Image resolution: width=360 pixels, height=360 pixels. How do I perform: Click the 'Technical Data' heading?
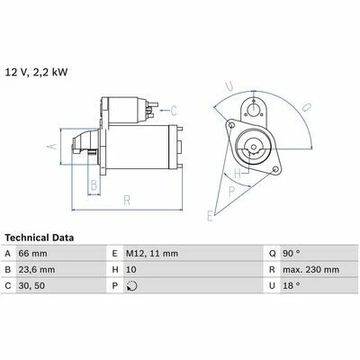tap(40, 238)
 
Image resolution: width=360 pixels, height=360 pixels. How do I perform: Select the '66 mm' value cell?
tap(32, 254)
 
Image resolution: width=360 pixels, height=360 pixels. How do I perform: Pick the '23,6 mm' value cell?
tap(37, 270)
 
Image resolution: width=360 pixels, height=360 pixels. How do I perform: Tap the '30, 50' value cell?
tap(31, 285)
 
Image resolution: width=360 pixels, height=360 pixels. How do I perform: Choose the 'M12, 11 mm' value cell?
tap(152, 254)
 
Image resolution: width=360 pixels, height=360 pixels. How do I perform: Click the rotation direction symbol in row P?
tap(132, 286)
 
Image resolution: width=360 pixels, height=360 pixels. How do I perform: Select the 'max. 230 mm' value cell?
tap(310, 270)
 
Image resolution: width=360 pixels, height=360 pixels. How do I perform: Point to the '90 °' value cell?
tap(292, 254)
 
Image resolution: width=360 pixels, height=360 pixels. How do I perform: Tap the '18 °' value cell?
tap(292, 285)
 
